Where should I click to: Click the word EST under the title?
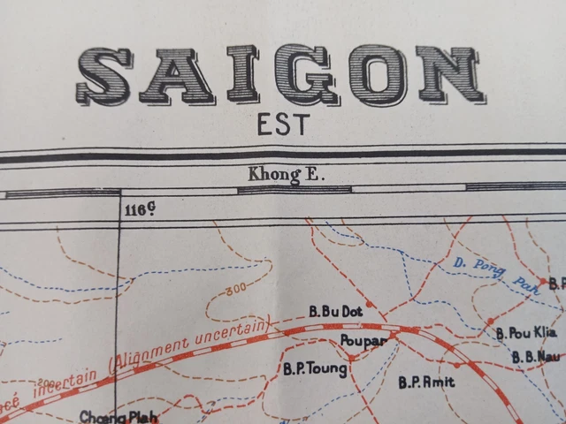284,124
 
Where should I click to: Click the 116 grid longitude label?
140,209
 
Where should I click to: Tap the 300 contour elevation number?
235,290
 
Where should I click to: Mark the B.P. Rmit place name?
426,382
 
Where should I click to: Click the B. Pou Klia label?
524,333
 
